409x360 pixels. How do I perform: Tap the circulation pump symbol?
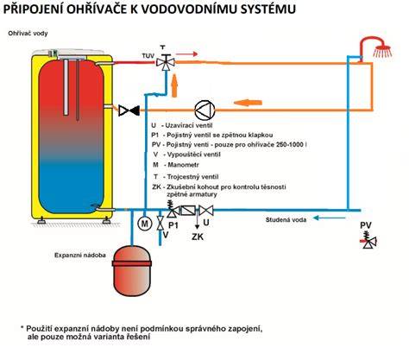(204, 110)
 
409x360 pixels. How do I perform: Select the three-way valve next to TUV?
(166, 62)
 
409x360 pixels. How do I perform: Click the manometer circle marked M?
(145, 224)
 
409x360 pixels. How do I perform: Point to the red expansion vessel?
(132, 270)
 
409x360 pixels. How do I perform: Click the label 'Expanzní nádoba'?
(80, 255)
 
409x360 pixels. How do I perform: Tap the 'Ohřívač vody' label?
(28, 34)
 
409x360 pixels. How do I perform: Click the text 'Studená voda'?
(286, 220)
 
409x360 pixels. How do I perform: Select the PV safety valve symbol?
(369, 241)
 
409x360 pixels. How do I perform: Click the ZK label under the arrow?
(198, 237)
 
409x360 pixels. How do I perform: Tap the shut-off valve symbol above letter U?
(206, 210)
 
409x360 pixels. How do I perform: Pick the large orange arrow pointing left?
(248, 102)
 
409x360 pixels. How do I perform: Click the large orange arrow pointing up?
(174, 85)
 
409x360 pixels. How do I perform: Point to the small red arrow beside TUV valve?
(187, 54)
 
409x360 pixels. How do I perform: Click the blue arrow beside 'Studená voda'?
(329, 218)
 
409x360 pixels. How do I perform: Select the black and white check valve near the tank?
(129, 111)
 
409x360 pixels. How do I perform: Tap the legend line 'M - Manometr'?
(176, 165)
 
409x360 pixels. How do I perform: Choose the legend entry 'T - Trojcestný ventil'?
(186, 177)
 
